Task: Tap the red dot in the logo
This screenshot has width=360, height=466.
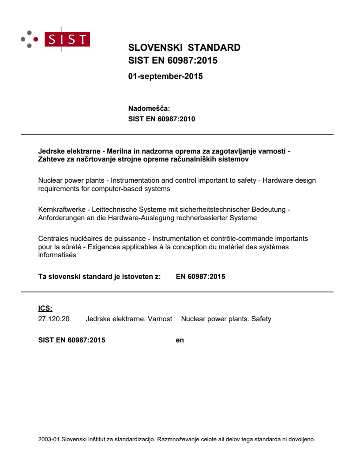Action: click(37, 39)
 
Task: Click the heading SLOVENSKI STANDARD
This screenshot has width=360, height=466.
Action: click(184, 48)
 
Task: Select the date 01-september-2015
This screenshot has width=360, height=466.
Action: click(165, 76)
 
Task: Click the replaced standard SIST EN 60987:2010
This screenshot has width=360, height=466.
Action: click(161, 119)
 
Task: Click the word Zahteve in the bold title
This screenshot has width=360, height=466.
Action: click(51, 159)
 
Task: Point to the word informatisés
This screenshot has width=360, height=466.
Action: click(57, 255)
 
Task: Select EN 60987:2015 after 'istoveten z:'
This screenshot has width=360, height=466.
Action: click(200, 277)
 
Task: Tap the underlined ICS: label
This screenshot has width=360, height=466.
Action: click(45, 309)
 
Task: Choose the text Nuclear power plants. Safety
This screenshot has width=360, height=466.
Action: click(226, 319)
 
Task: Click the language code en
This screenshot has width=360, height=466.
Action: click(180, 340)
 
